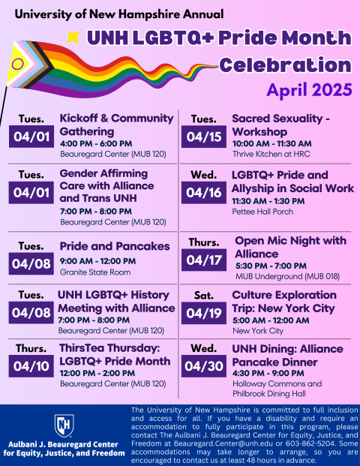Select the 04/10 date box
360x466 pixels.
[29, 366]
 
